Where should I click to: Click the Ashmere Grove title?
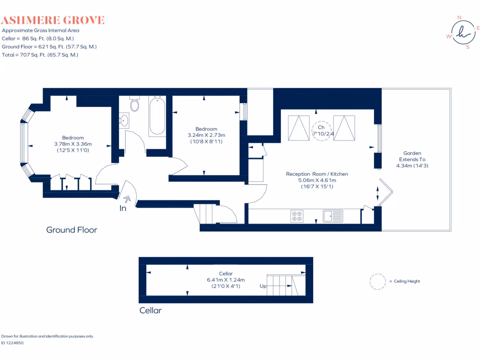coord(52,20)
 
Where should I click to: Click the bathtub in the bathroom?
coord(157,115)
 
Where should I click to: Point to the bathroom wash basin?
coord(124,120)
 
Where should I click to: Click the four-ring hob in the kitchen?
coord(297,216)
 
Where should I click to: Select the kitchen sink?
coord(333,216)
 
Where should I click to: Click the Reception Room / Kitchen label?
coord(317,174)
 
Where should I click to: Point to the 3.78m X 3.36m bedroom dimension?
coord(73,144)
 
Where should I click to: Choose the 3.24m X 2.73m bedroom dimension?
coord(206,135)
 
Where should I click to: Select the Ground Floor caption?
coord(71,230)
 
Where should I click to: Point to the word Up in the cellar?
coord(263,285)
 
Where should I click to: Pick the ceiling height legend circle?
coord(377,281)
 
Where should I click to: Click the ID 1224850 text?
coord(12,343)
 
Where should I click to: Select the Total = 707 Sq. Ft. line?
coord(40,55)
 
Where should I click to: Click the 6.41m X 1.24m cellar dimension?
coord(225,280)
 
